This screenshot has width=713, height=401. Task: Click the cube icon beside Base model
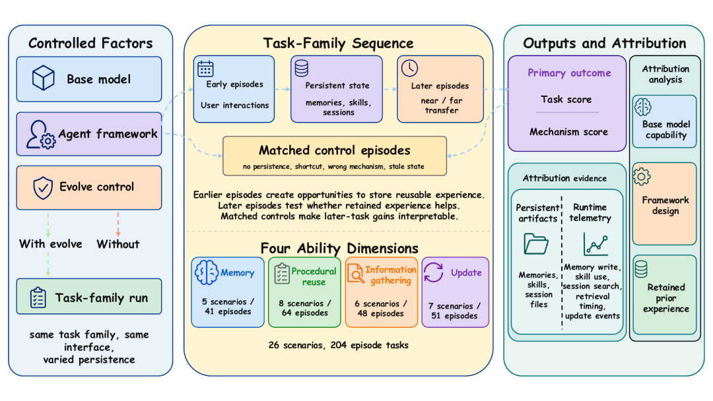[x=43, y=78]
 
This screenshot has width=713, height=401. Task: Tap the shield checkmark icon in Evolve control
[x=43, y=188]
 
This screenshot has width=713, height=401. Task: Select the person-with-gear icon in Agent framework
[x=40, y=135]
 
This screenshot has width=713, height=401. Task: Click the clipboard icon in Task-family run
[x=38, y=298]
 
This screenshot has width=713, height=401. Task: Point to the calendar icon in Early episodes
[x=205, y=69]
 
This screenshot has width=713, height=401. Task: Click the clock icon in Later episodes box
[x=410, y=68]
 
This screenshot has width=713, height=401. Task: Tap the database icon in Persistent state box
[x=302, y=68]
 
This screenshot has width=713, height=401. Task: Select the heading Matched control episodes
[x=335, y=150]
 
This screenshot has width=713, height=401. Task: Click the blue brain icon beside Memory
[x=207, y=272]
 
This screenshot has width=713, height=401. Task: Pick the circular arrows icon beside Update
[x=434, y=272]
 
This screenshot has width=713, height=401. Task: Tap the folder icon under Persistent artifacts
[x=536, y=244]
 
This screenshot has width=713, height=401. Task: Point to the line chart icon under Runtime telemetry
[x=595, y=244]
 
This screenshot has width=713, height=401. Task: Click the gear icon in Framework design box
[x=642, y=177]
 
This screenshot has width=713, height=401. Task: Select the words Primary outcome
[x=569, y=73]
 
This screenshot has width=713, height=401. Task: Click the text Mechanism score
[x=568, y=132]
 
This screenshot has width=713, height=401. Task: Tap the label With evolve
[x=50, y=244]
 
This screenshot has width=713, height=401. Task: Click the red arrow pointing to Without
[x=118, y=224]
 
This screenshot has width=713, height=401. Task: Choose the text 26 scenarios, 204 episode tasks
[x=338, y=345]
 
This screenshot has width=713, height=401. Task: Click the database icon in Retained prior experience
[x=641, y=269]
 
